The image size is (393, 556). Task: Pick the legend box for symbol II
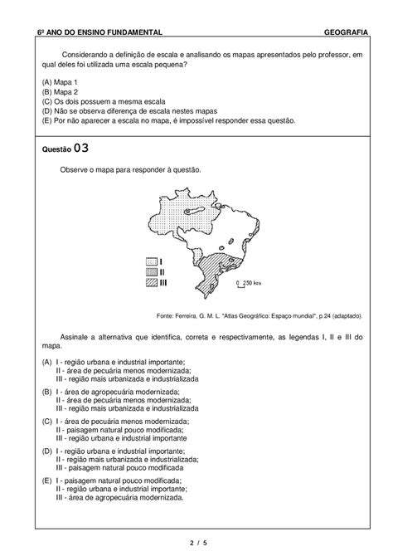click(151, 271)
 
